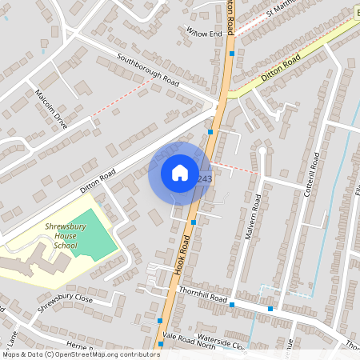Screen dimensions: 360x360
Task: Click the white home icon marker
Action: click(179, 173)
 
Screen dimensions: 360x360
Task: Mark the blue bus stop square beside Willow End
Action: click(232, 54)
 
